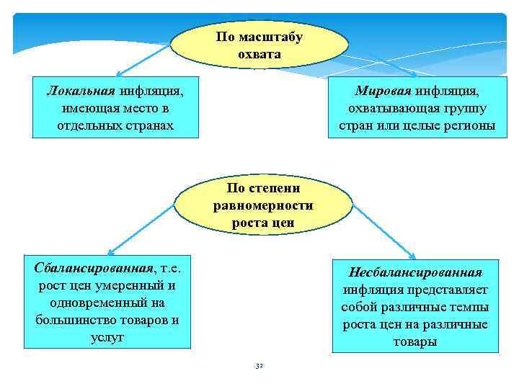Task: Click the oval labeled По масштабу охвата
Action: [259, 45]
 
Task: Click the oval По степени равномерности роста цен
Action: [263, 205]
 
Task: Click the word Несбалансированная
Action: [414, 273]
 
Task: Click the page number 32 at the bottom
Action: [259, 367]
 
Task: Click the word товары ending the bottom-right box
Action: [414, 342]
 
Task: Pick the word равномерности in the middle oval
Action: [263, 205]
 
